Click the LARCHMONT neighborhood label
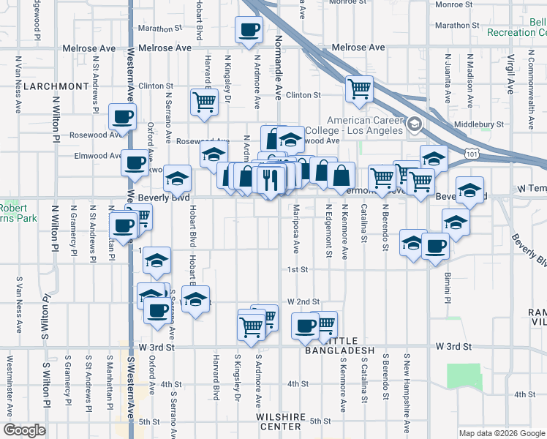point(56,86)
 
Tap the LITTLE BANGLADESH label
point(344,351)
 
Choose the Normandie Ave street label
point(278,67)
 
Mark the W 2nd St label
point(303,301)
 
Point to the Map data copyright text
point(502,432)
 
